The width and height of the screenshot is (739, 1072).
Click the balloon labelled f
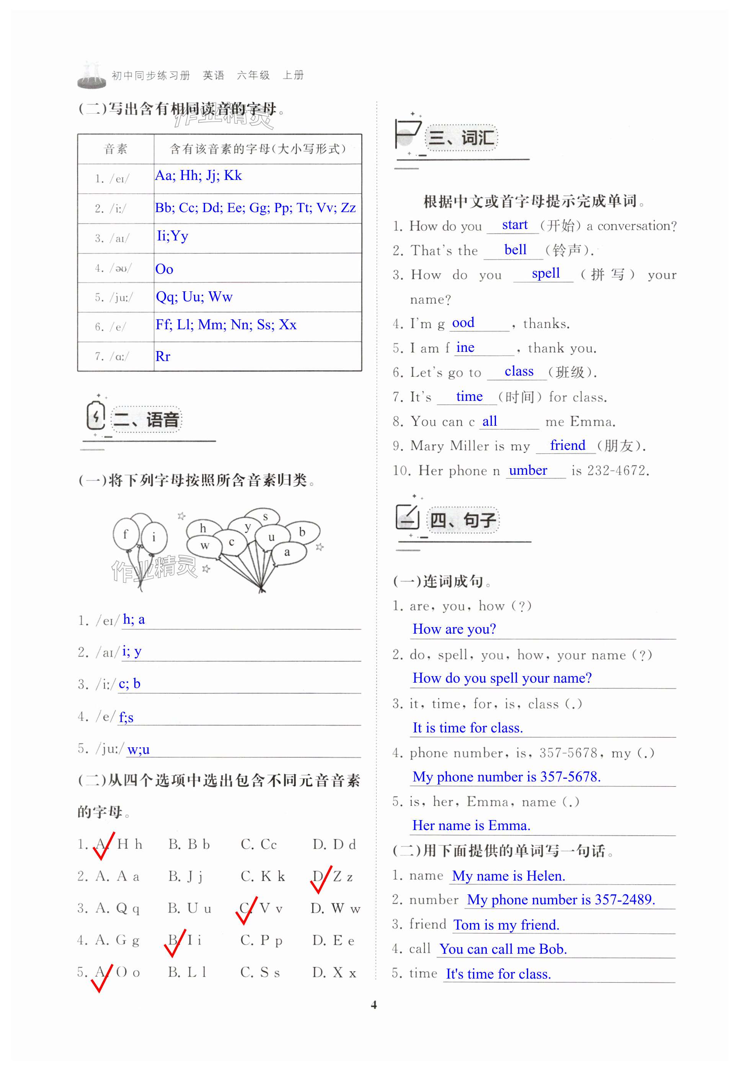pyautogui.click(x=126, y=534)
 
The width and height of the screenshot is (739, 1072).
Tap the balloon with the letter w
pyautogui.click(x=204, y=545)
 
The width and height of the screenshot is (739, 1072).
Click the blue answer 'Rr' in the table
pyautogui.click(x=163, y=356)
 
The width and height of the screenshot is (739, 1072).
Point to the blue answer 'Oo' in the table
pyautogui.click(x=165, y=269)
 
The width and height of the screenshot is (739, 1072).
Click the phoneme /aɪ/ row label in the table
pyautogui.click(x=112, y=239)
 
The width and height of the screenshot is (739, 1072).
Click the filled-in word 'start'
pyautogui.click(x=514, y=225)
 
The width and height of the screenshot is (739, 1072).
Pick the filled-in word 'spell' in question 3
pyautogui.click(x=545, y=273)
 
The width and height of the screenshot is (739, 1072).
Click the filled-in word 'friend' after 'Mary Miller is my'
pyautogui.click(x=567, y=445)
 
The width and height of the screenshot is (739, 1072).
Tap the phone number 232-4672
pyautogui.click(x=618, y=471)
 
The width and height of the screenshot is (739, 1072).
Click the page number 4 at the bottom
pyautogui.click(x=374, y=1005)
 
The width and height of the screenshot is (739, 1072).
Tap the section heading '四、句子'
pyautogui.click(x=463, y=520)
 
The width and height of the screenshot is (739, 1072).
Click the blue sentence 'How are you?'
pyautogui.click(x=454, y=629)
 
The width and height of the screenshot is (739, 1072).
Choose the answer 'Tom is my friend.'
pyautogui.click(x=506, y=925)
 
